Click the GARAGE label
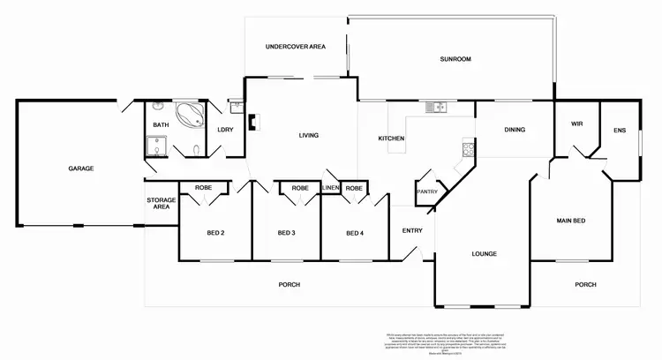tap(81, 168)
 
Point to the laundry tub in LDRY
tap(236, 109)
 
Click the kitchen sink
tap(435, 109)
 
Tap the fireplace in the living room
tap(251, 124)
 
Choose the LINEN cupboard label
tap(331, 188)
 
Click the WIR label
tap(577, 124)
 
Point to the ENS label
tap(620, 130)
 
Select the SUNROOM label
tap(455, 60)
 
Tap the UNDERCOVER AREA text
tap(297, 46)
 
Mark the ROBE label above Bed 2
tap(205, 187)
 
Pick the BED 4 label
tap(354, 233)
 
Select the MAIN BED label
tap(571, 220)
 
